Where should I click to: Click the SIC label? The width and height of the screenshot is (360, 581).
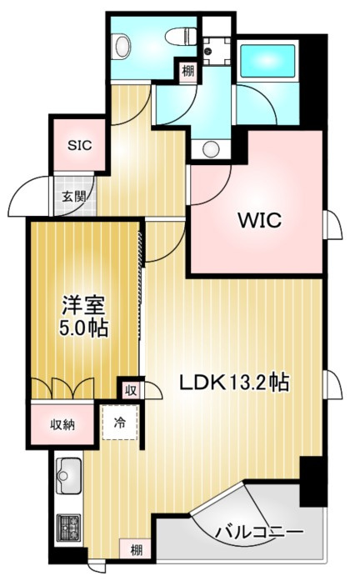[x=79, y=143]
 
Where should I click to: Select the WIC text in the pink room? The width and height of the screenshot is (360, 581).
[x=261, y=221]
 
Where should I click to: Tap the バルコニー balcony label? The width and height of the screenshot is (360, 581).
[x=258, y=530]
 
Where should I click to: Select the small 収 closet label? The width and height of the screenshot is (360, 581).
[x=131, y=389]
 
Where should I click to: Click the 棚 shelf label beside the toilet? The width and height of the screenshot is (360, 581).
[x=188, y=72]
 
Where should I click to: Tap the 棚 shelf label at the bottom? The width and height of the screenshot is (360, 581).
[x=135, y=550]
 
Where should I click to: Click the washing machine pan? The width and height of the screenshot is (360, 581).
[x=215, y=49]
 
